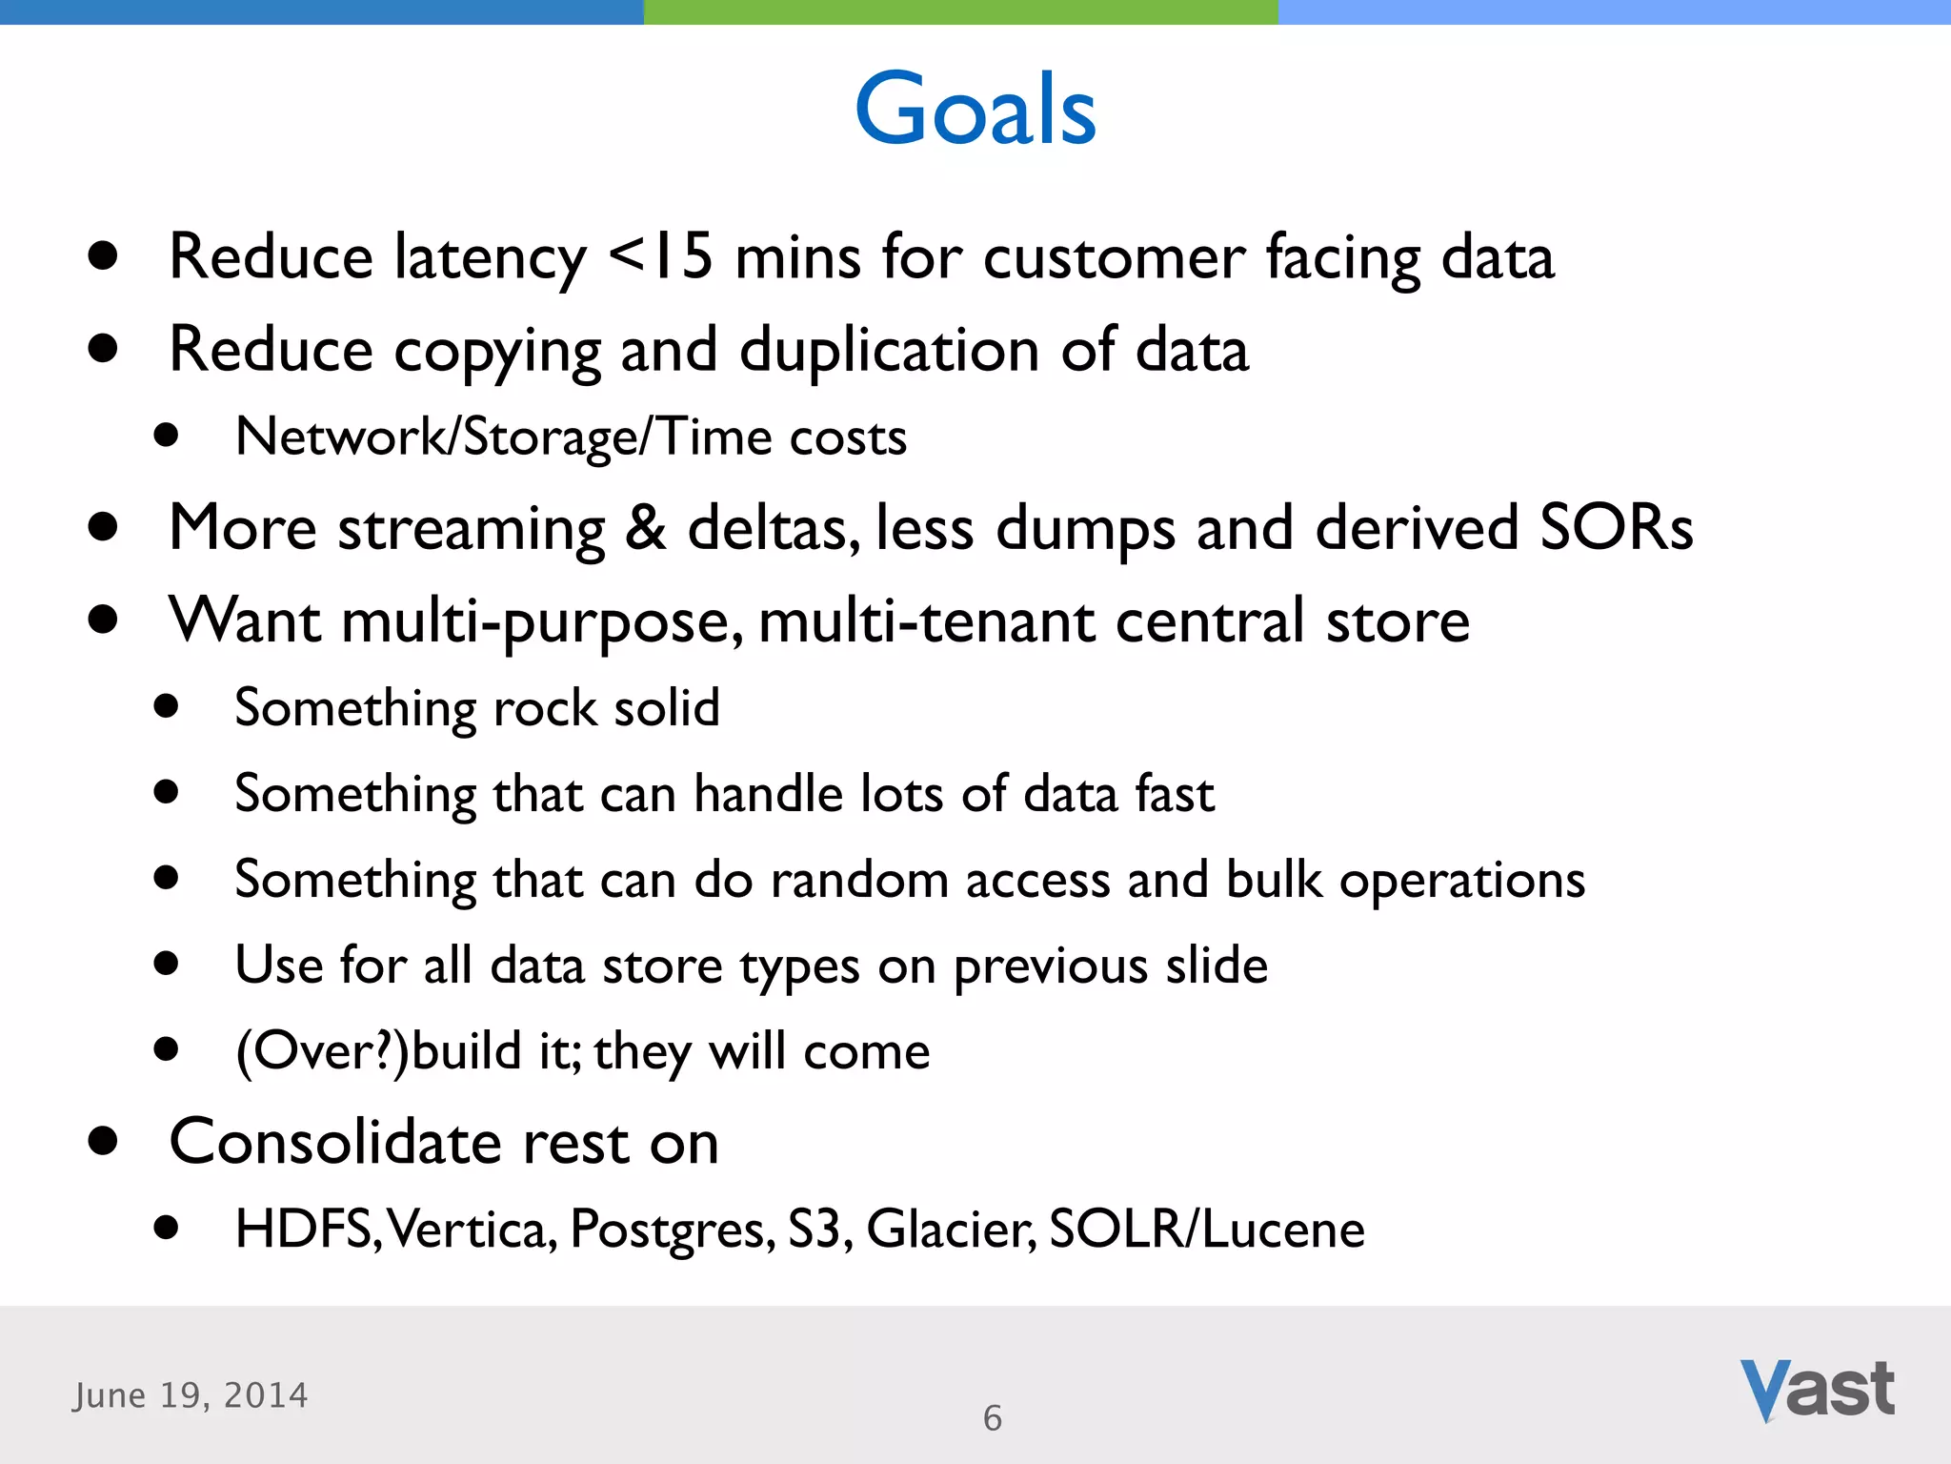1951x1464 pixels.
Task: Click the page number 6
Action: click(x=993, y=1418)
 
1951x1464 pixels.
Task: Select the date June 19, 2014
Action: click(x=191, y=1395)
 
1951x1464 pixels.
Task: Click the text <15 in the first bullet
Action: click(x=660, y=256)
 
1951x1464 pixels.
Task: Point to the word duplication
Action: click(x=889, y=350)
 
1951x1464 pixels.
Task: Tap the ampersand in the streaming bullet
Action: click(x=645, y=527)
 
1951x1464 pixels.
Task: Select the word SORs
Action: click(x=1616, y=527)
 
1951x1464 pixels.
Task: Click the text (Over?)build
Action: click(x=379, y=1051)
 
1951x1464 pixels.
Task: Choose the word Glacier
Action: click(x=951, y=1229)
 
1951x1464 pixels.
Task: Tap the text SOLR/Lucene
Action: click(x=1206, y=1229)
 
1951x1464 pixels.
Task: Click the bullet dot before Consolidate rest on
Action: click(x=102, y=1141)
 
